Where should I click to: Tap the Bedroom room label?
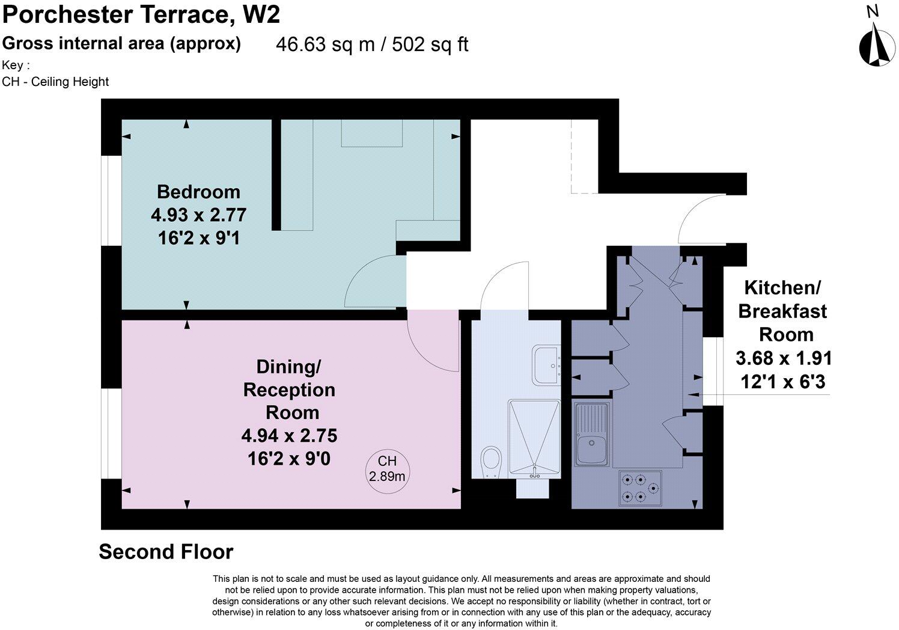click(x=199, y=192)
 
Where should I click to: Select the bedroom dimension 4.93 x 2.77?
click(x=199, y=215)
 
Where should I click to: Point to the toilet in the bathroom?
click(x=491, y=462)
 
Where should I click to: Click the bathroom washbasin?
click(x=546, y=364)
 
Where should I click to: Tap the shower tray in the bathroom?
click(x=534, y=439)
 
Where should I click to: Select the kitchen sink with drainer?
click(x=592, y=435)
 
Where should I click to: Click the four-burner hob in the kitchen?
click(x=640, y=488)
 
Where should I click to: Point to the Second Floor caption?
click(x=166, y=551)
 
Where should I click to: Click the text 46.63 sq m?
click(x=325, y=44)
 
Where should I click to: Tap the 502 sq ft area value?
click(x=430, y=44)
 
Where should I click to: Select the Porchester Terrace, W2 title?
click(x=141, y=15)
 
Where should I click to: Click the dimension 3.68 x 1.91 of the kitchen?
click(x=784, y=358)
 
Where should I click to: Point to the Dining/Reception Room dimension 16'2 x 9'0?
click(x=289, y=459)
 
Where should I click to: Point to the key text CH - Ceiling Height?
click(x=55, y=82)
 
